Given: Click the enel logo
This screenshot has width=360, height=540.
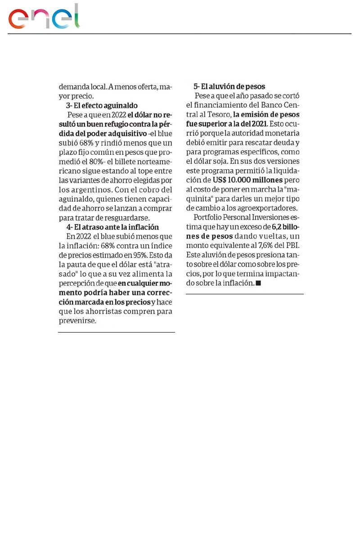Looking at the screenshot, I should [44, 17].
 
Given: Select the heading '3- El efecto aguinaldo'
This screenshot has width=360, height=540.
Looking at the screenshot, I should [102, 106].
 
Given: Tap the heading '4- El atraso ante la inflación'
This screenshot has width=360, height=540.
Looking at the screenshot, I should [112, 227].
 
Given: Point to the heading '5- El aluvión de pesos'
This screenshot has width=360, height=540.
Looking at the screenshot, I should [229, 86].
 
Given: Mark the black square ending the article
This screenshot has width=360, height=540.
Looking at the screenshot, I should [258, 283].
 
